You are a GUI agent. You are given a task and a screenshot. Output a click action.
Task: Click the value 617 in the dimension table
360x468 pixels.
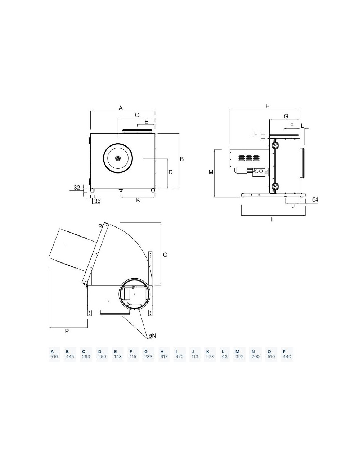click(164, 356)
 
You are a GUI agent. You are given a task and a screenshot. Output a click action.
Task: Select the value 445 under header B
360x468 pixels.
click(70, 356)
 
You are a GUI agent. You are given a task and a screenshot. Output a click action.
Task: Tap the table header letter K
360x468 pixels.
click(208, 351)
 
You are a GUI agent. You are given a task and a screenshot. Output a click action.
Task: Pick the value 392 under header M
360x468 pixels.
click(239, 356)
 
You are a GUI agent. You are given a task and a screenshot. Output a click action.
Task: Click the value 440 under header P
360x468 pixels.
click(287, 356)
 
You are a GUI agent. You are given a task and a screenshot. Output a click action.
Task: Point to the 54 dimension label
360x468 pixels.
click(315, 199)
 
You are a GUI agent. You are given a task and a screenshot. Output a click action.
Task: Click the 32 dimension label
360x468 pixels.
click(77, 187)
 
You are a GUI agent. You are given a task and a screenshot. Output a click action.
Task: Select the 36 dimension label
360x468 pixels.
click(98, 201)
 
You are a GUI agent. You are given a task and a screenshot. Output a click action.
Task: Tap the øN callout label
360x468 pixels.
click(152, 336)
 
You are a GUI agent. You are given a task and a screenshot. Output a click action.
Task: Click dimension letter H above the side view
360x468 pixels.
click(267, 106)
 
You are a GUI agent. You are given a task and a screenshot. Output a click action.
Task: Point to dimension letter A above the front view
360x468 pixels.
click(121, 108)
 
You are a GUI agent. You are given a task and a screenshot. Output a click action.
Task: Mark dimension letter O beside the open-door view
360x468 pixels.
click(165, 255)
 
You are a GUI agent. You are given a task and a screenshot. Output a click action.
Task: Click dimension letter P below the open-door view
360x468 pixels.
click(67, 331)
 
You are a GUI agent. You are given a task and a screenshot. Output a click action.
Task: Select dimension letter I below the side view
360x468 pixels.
click(272, 220)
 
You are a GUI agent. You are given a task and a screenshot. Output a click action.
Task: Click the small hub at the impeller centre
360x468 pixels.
click(118, 158)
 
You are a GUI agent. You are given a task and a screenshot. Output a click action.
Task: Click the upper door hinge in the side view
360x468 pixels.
click(275, 145)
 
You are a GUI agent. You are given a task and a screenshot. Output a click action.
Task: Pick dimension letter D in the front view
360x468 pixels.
click(171, 172)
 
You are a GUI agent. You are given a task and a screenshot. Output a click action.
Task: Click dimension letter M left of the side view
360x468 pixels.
click(211, 172)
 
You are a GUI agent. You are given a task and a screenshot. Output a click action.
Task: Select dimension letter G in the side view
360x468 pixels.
click(286, 116)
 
